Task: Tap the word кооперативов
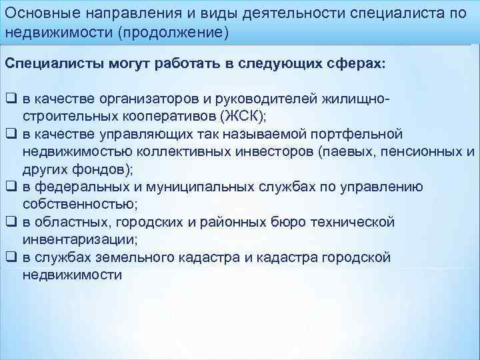tap(162, 116)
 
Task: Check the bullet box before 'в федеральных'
tap(11, 187)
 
